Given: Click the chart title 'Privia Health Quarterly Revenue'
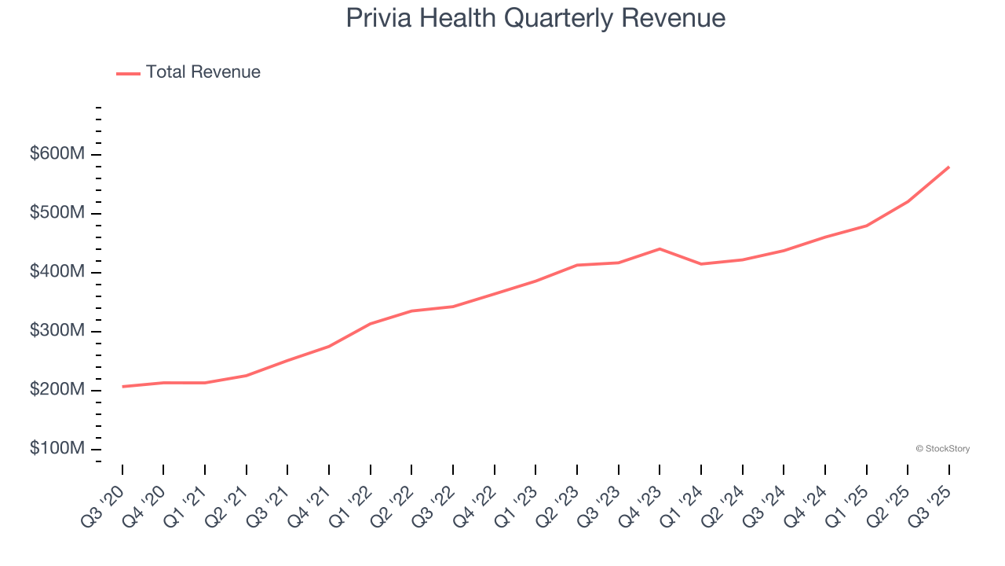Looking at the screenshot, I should coord(535,18).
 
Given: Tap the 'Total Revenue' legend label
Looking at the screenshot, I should coord(203,72).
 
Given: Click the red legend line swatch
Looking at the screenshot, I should coord(128,73).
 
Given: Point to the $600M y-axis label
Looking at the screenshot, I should coord(57,154).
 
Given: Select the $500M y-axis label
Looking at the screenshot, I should coord(57,213).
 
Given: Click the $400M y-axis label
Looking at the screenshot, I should coord(57,272).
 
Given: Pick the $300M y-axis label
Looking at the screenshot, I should coord(57,331).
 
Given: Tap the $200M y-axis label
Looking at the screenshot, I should coord(57,390).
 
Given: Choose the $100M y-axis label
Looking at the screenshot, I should coord(57,449).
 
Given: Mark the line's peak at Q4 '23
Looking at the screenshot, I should coord(660,248).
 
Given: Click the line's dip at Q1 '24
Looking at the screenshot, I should coord(701,264).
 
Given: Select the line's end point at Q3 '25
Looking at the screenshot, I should coord(948,167).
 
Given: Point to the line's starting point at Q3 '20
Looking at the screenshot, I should coord(122,387).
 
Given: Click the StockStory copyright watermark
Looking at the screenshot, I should coord(942,449).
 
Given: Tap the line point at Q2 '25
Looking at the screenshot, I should coord(908,201).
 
